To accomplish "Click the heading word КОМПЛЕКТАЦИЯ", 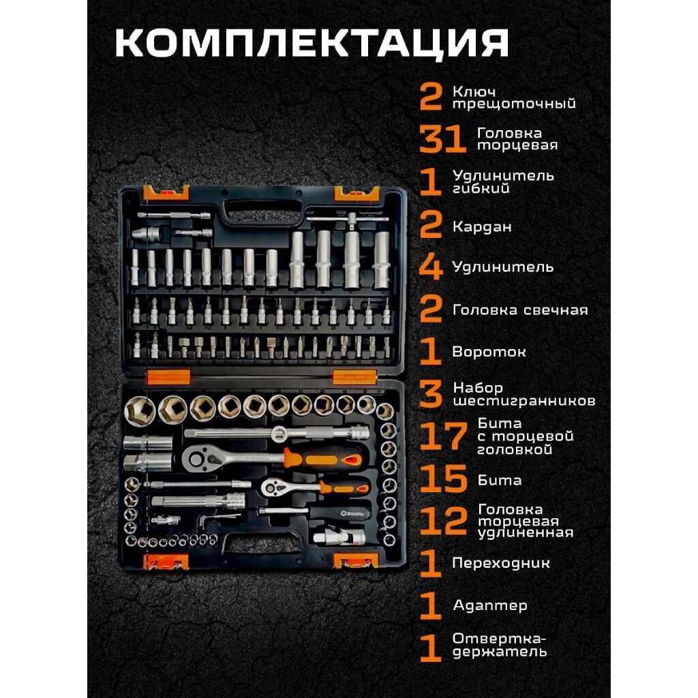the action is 312,44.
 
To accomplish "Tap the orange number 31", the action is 442,139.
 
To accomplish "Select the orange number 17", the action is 443,436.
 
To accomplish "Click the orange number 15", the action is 443,479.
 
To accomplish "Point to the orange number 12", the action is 443,520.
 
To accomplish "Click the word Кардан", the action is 482,227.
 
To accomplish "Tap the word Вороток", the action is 489,352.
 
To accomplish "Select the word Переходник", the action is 501,563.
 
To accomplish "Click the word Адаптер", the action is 490,605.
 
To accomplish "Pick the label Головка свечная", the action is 520,310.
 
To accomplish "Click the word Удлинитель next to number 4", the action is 502,267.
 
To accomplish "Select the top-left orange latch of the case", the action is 166,192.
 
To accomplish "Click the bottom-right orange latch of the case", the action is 356,561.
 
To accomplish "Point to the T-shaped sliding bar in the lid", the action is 348,219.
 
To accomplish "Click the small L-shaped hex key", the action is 211,519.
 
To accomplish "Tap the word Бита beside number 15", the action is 499,481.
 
